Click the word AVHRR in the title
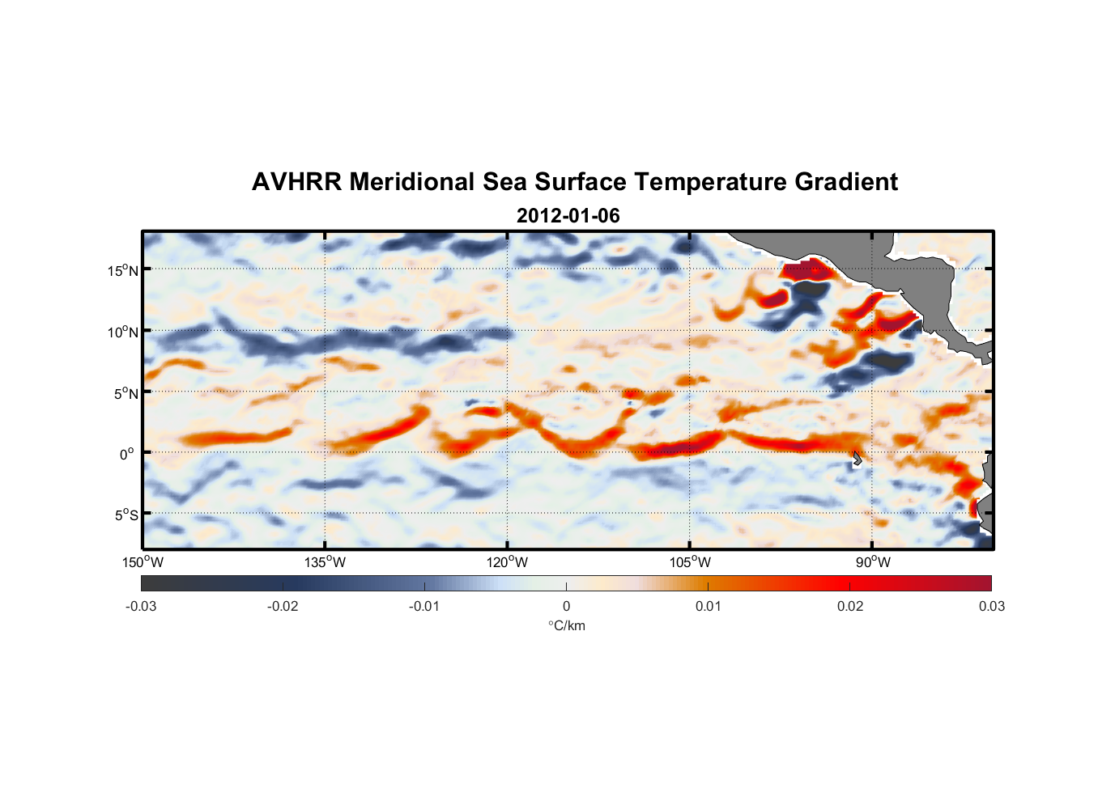(296, 182)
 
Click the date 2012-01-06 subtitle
(568, 216)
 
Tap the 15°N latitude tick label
(123, 270)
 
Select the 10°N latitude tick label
(123, 332)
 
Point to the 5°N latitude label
(126, 393)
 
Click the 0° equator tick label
(127, 455)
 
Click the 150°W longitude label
(143, 562)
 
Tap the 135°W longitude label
(325, 562)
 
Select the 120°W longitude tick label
(507, 562)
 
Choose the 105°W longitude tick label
(690, 562)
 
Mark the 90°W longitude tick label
(873, 562)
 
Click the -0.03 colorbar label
(141, 607)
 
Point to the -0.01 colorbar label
(424, 607)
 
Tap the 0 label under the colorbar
(566, 607)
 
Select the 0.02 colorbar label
(850, 607)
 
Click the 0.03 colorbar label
(991, 607)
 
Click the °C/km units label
(566, 625)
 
